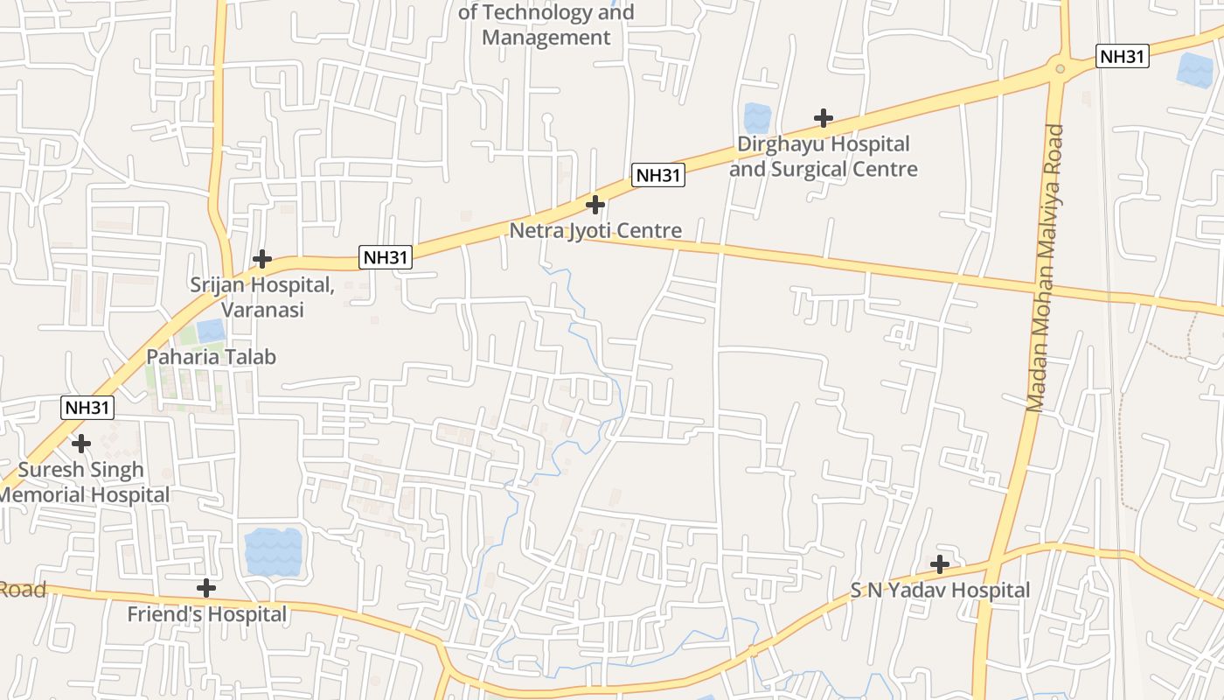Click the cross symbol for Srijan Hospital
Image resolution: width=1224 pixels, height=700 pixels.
pos(261,259)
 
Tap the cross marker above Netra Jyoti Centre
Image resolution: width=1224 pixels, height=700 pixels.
pos(595,205)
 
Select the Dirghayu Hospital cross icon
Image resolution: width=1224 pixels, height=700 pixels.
pos(823,117)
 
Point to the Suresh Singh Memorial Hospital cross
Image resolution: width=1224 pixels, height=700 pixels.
pos(81,444)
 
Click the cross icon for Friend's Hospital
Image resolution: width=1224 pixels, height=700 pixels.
pos(206,588)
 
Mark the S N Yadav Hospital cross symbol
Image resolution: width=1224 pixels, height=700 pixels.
pos(940,564)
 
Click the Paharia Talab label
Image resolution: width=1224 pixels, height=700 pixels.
pos(211,357)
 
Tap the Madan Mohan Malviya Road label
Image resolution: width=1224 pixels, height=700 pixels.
pos(1046,268)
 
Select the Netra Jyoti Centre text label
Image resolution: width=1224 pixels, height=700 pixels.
pos(595,231)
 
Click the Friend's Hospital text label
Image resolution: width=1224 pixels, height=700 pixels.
pos(206,614)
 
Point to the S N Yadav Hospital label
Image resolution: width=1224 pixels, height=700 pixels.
pos(941,591)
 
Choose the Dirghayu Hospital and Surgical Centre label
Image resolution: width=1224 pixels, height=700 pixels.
pos(824,156)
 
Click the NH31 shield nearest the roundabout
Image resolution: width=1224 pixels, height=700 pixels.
pos(1122,57)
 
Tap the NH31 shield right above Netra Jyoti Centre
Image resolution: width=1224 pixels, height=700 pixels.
pos(658,175)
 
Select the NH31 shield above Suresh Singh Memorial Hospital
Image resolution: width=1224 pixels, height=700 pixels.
pos(87,407)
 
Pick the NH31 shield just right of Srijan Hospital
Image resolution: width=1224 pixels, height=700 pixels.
pos(386,257)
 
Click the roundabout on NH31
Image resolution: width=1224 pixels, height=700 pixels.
pos(1061,67)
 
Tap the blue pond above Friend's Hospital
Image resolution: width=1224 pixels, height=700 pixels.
pos(273,551)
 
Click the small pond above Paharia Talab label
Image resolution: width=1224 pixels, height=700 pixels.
pos(211,332)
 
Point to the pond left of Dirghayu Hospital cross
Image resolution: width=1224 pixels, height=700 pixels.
pos(757,118)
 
